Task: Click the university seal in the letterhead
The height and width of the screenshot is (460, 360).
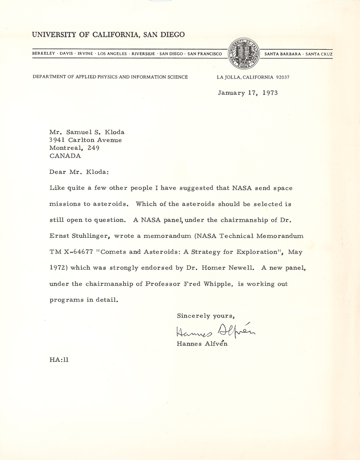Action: (244, 53)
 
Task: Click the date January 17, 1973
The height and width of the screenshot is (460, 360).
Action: (248, 92)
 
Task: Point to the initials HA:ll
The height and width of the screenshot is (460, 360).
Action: (59, 360)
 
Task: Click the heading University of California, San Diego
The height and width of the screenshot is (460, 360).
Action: (108, 34)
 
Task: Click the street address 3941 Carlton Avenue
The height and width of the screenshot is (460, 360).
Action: (86, 140)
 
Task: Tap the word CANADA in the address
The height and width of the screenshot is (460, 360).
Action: (64, 155)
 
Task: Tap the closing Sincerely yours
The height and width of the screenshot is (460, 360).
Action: (206, 316)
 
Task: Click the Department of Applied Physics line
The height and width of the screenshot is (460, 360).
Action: (110, 77)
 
